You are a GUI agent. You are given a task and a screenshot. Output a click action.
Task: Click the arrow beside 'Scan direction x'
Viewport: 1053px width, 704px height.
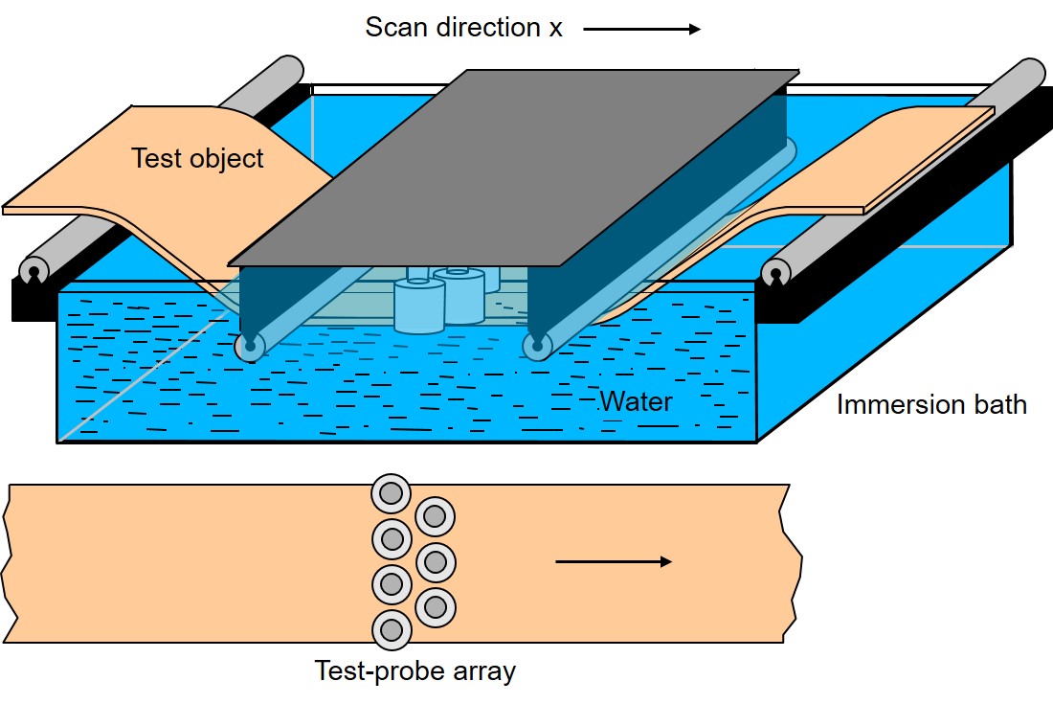pyautogui.click(x=641, y=29)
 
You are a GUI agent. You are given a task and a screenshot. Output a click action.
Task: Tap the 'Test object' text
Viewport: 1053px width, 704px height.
pyautogui.click(x=196, y=158)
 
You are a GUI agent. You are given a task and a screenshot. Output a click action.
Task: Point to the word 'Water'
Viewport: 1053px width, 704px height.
pyautogui.click(x=636, y=400)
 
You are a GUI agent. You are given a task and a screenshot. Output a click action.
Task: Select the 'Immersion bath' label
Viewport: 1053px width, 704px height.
pyautogui.click(x=931, y=404)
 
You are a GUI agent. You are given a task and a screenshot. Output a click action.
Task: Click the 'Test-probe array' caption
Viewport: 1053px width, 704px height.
pyautogui.click(x=414, y=671)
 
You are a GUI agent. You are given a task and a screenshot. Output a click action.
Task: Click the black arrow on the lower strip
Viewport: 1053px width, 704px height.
pyautogui.click(x=614, y=561)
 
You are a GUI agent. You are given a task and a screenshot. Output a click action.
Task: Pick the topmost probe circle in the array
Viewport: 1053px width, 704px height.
pyautogui.click(x=391, y=494)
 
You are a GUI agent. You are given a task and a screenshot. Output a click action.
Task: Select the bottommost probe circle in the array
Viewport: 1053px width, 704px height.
pyautogui.click(x=391, y=629)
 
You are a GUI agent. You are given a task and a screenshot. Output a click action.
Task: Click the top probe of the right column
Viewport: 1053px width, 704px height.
pyautogui.click(x=435, y=516)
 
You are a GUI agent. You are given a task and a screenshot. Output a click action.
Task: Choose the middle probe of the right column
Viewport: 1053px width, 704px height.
pyautogui.click(x=435, y=561)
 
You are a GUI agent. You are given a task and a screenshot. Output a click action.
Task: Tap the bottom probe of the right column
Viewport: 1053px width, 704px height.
pyautogui.click(x=435, y=606)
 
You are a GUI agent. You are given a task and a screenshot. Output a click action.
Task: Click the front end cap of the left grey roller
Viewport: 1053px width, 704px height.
pyautogui.click(x=34, y=271)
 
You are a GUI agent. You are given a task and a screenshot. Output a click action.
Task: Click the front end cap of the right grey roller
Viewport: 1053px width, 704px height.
pyautogui.click(x=776, y=272)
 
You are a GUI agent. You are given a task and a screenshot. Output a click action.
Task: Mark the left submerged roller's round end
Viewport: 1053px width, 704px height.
pyautogui.click(x=250, y=347)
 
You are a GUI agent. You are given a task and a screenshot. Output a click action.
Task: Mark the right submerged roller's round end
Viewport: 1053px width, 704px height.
pyautogui.click(x=536, y=347)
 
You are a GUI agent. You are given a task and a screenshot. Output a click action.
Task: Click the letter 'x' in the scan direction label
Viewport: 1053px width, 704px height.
pyautogui.click(x=555, y=28)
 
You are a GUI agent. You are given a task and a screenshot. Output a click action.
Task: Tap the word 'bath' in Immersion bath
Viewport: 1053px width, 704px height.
pyautogui.click(x=997, y=404)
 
